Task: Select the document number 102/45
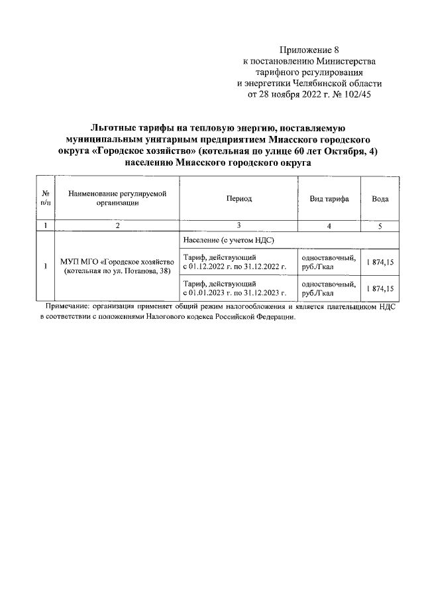pyautogui.click(x=366, y=95)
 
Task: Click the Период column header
pyautogui.click(x=238, y=199)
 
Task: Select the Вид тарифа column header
pyautogui.click(x=329, y=199)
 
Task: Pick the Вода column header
pyautogui.click(x=380, y=199)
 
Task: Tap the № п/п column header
pyautogui.click(x=45, y=199)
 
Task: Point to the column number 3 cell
pyautogui.click(x=238, y=226)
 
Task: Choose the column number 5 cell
pyautogui.click(x=380, y=226)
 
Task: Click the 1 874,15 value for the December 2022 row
pyautogui.click(x=380, y=263)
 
